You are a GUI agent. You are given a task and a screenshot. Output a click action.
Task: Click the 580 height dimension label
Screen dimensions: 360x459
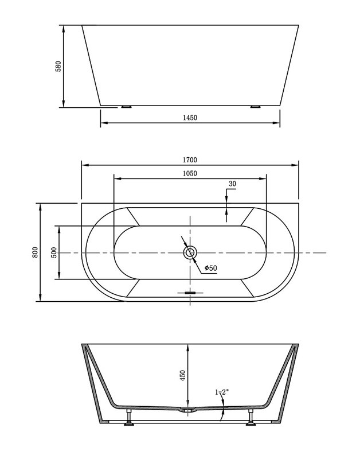pos(58,67)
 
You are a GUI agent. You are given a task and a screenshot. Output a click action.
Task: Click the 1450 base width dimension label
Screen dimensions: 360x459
pos(190,118)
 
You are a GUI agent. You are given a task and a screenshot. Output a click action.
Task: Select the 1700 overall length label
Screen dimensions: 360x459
pos(190,160)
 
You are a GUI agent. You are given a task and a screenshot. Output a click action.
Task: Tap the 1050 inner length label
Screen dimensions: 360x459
pos(190,173)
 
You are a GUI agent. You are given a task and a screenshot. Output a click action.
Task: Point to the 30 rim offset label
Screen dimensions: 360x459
pos(232,184)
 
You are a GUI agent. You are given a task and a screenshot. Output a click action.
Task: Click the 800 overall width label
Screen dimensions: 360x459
pos(35,252)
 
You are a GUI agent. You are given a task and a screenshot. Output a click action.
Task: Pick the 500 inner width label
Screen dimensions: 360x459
pos(54,252)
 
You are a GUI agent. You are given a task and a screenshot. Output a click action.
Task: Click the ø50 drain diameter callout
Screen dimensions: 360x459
pos(211,268)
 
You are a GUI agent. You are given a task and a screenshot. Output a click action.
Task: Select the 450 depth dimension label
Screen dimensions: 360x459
pos(183,376)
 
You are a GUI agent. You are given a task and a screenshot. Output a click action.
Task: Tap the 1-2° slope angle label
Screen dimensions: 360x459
pos(222,392)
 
